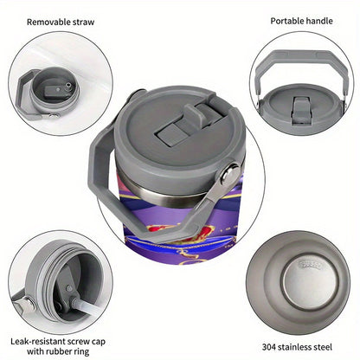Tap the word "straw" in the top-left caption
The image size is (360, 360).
click(83, 22)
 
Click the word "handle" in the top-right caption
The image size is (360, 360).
click(319, 21)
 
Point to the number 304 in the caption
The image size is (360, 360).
click(270, 347)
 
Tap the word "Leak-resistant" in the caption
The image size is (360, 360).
click(38, 342)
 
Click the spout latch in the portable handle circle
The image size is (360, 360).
click(301, 111)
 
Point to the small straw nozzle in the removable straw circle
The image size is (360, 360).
click(68, 87)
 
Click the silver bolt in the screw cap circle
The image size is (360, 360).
click(29, 304)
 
